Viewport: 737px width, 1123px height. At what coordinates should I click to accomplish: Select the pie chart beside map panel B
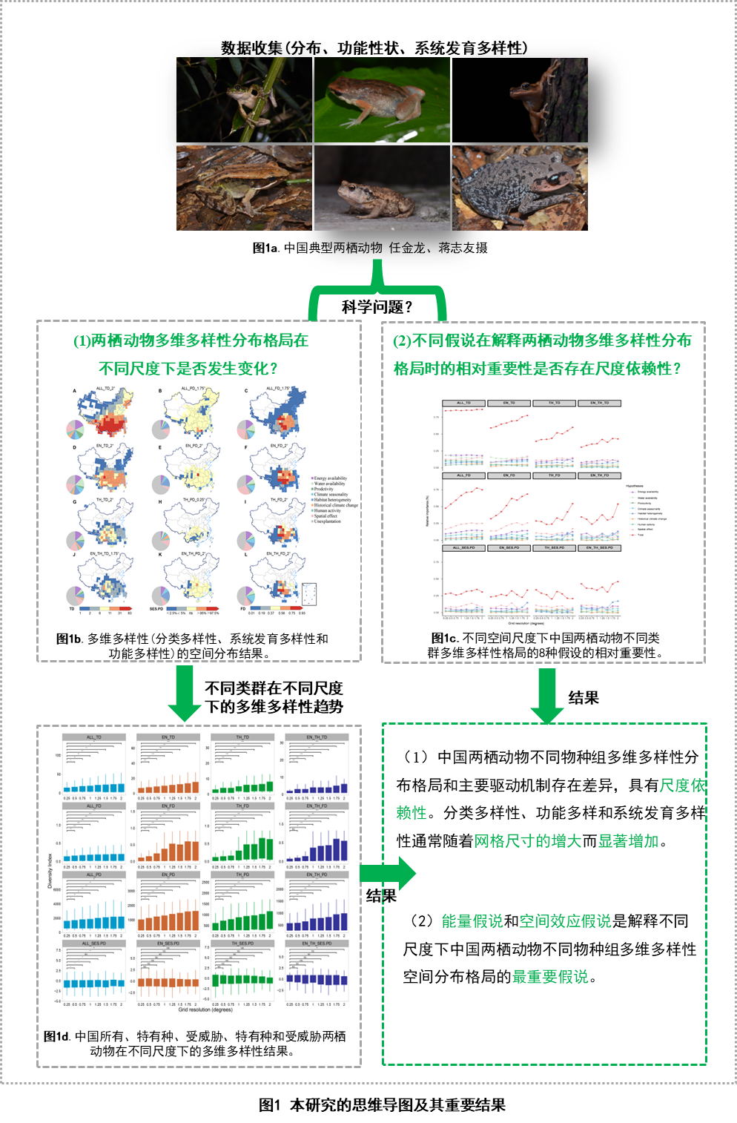[161, 429]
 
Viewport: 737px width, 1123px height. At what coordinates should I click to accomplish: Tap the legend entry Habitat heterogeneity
[332, 500]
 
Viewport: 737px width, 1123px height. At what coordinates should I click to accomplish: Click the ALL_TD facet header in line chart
[463, 403]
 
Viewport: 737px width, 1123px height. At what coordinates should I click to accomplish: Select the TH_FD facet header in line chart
[555, 475]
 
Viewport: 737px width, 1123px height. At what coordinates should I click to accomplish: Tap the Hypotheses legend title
[635, 486]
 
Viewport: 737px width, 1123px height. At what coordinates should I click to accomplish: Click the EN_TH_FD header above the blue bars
[317, 806]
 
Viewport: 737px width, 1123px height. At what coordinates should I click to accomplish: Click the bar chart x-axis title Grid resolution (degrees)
[205, 1010]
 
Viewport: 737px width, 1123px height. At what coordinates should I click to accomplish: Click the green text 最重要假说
[550, 977]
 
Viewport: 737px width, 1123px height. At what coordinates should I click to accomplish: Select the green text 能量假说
[472, 921]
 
